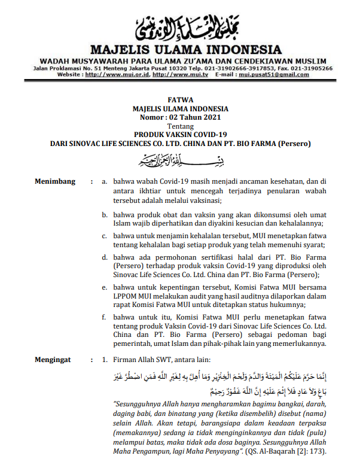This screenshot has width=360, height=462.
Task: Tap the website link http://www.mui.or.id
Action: [117, 75]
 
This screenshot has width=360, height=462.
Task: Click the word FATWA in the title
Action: [180, 101]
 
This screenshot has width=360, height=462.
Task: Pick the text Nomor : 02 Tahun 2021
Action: [180, 118]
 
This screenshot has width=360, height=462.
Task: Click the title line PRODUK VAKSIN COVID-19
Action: [180, 135]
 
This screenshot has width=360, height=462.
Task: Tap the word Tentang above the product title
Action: [180, 126]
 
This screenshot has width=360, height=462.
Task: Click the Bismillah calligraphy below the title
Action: [180, 160]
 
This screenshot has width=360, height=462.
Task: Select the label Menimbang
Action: [54, 180]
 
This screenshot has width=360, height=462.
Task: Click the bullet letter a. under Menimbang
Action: [105, 180]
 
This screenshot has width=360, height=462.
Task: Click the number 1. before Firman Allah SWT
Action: [105, 360]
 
